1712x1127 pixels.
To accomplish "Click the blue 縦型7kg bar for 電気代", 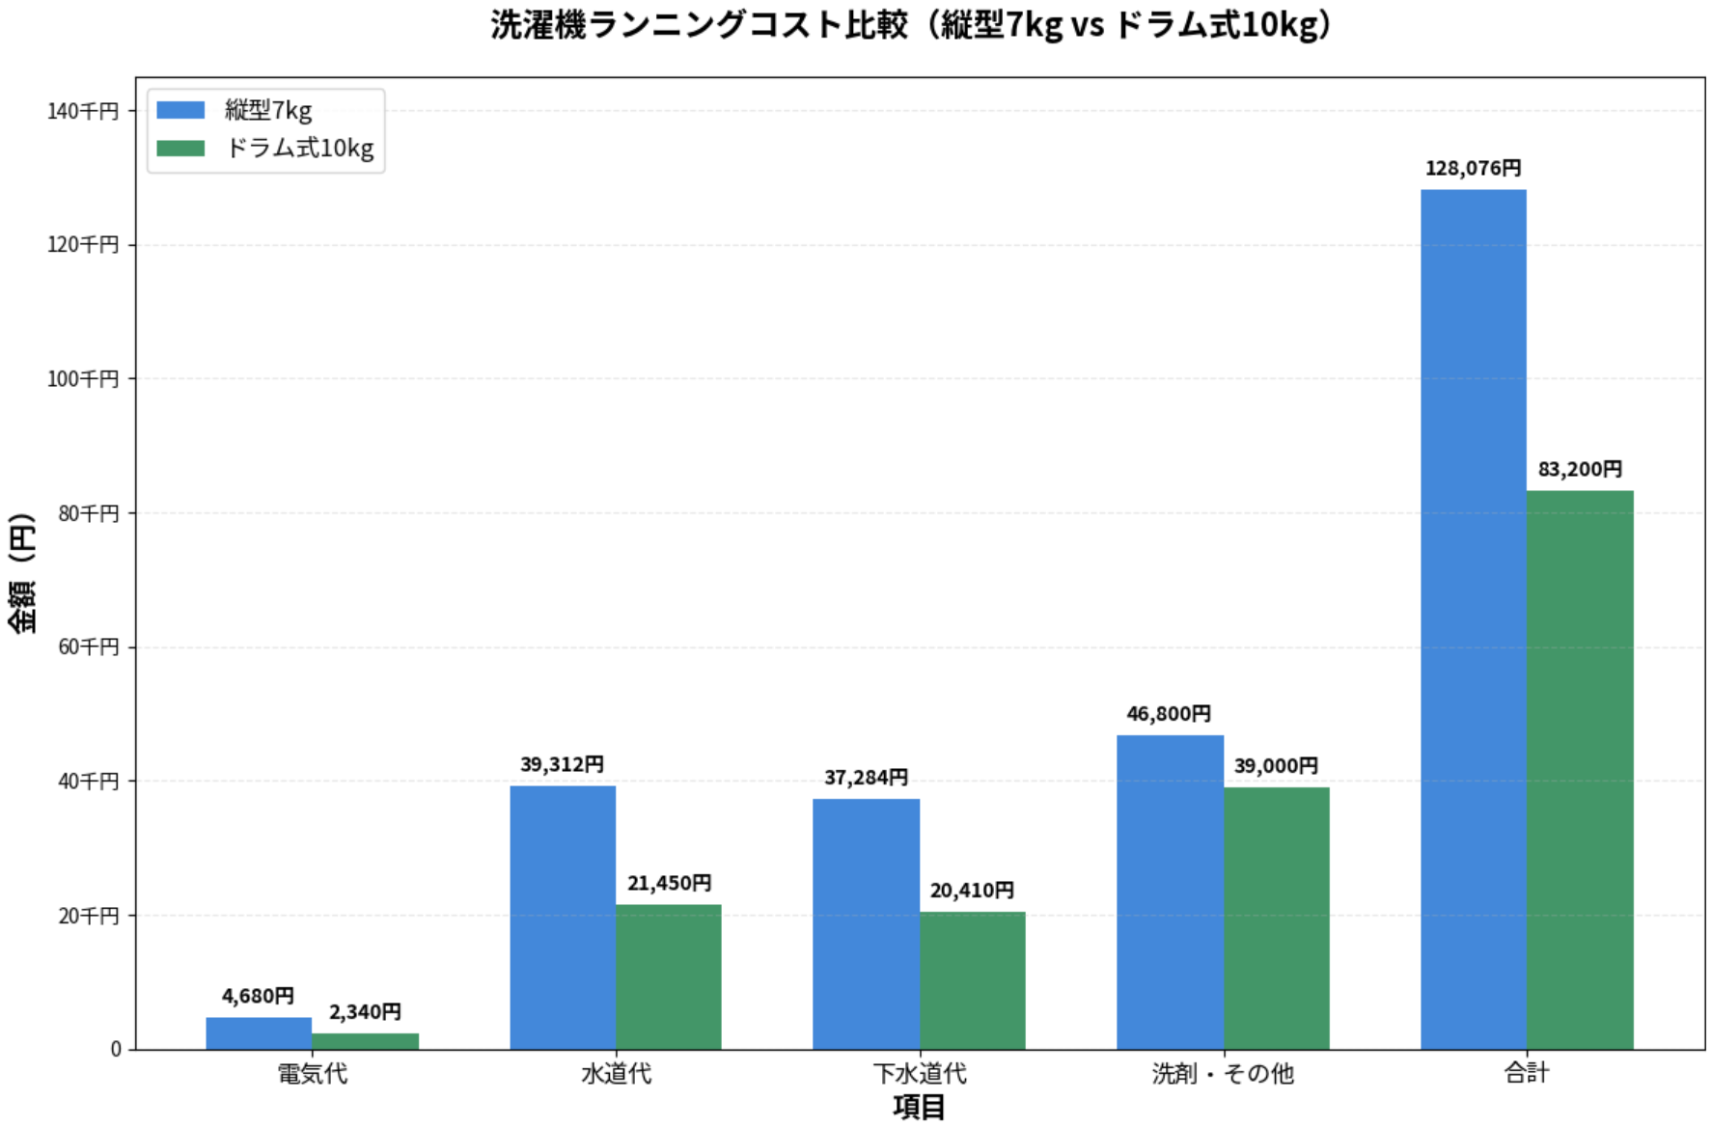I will [x=259, y=1032].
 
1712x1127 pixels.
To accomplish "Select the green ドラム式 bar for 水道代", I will [x=669, y=976].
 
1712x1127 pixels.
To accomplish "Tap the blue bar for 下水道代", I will [x=866, y=923].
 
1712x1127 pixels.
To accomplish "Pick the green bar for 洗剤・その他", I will [x=1277, y=918].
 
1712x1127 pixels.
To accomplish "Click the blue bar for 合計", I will [x=1473, y=618].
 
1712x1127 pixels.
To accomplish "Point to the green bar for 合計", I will [x=1580, y=769].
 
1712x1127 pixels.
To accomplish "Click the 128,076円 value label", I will [x=1473, y=169].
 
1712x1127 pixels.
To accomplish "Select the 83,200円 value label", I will [x=1580, y=470].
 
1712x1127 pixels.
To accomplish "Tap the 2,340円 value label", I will [x=365, y=1012].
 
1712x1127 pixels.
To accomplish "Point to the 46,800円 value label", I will [x=1169, y=714].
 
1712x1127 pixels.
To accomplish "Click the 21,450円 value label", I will [x=669, y=883].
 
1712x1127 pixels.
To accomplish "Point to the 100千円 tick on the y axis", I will [x=83, y=379].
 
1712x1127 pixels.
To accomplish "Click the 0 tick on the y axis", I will [x=116, y=1049].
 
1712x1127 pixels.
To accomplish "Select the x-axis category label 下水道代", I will [x=919, y=1073].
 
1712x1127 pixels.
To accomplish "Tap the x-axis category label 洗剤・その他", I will [x=1223, y=1073].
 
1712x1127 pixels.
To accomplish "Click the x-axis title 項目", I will [x=919, y=1107].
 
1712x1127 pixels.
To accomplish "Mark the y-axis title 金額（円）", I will [x=21, y=573].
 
